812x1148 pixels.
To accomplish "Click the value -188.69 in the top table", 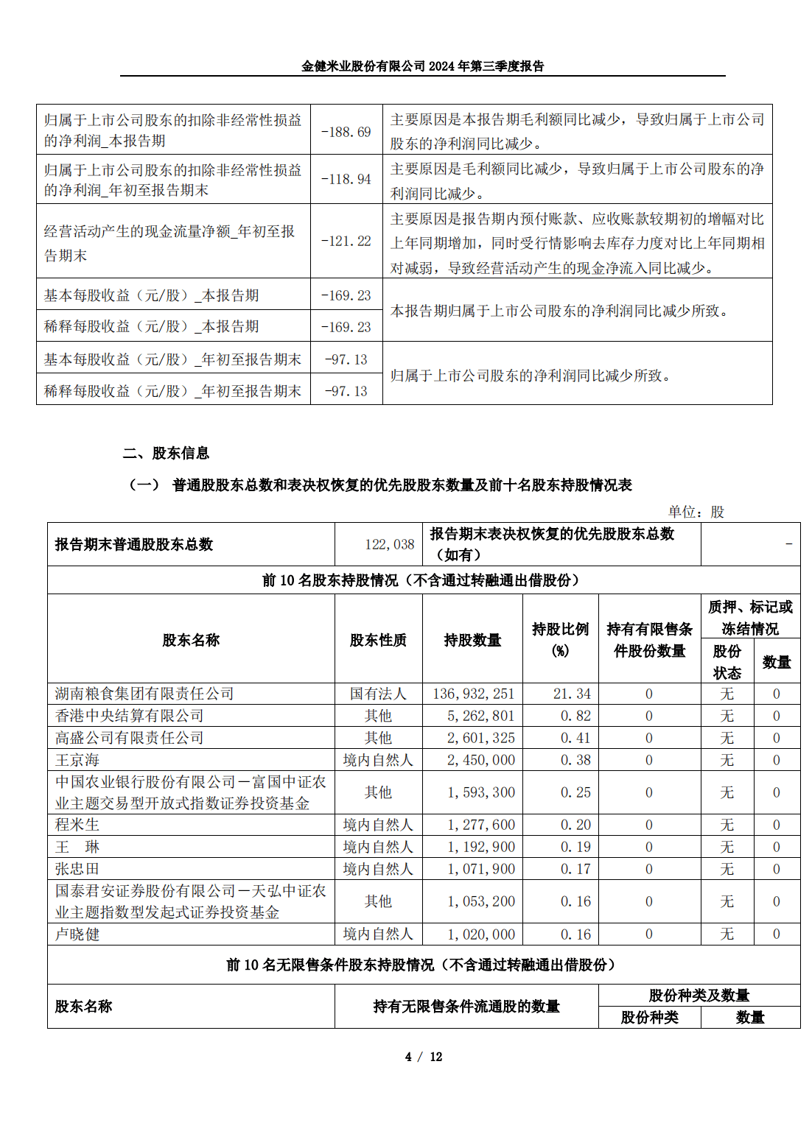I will tap(346, 133).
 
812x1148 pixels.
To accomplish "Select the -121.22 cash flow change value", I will tap(346, 242).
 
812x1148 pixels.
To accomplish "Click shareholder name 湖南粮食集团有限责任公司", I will tap(144, 694).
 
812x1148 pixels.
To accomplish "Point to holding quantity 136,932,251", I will tap(473, 694).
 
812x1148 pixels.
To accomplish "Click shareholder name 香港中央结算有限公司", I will tap(130, 716).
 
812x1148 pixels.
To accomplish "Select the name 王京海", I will tap(77, 760).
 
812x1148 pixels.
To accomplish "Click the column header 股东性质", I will tap(378, 641).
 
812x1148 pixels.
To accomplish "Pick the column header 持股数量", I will tap(472, 641).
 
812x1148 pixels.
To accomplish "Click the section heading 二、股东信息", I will tap(166, 454).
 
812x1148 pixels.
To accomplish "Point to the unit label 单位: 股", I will tap(696, 513).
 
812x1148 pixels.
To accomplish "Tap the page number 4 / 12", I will tap(424, 1057).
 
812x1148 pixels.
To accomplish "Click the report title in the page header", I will tap(422, 66).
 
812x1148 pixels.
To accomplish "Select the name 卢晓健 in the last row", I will tap(77, 934).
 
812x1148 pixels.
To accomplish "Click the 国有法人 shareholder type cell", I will tap(378, 694).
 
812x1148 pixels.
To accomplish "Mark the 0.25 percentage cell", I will tap(575, 793).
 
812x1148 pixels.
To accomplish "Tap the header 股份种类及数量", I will tap(699, 996).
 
